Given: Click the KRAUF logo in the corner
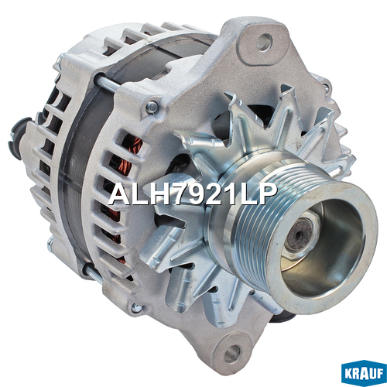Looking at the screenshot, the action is [x=364, y=373].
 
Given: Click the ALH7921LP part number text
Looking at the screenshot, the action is [x=193, y=193].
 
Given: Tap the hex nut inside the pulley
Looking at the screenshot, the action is [x=302, y=237].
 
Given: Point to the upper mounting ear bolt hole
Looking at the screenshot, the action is [x=264, y=42].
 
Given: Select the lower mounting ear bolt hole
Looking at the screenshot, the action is [x=232, y=353].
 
